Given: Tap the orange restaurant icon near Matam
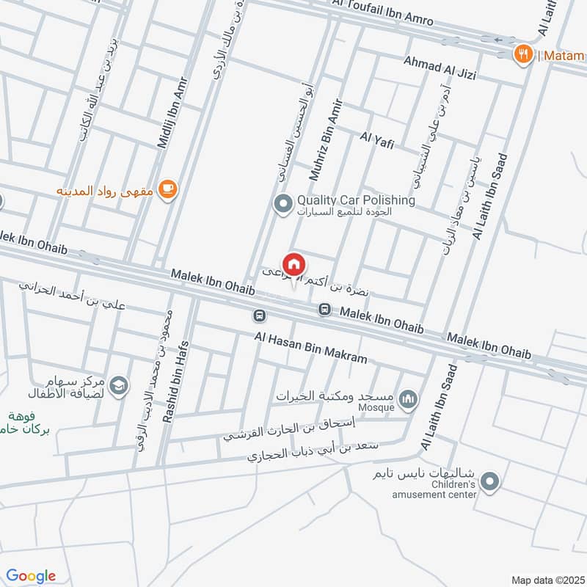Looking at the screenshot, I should pos(522,54).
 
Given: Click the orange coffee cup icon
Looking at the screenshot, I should pos(168,190).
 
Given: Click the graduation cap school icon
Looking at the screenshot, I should pos(119,384).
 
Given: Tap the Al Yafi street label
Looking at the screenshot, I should pos(376,140).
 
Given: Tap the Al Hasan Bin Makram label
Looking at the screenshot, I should pos(310,349).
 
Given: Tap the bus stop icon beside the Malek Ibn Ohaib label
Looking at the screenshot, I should pos(324,310).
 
